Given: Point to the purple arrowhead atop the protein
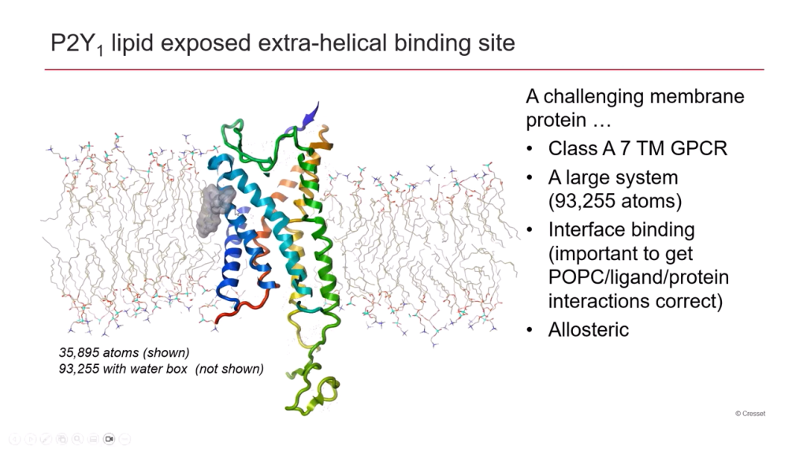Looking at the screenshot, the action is point(311,114).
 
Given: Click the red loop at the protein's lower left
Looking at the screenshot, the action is point(242,307).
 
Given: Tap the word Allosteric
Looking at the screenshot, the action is point(588,329).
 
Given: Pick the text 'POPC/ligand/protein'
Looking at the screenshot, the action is point(638,277).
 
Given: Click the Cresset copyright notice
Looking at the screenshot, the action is point(750,414).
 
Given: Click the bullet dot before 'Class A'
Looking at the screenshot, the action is point(530,149).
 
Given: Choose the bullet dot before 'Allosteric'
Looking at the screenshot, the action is point(530,330).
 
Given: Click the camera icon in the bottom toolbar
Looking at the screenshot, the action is point(109,439).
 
